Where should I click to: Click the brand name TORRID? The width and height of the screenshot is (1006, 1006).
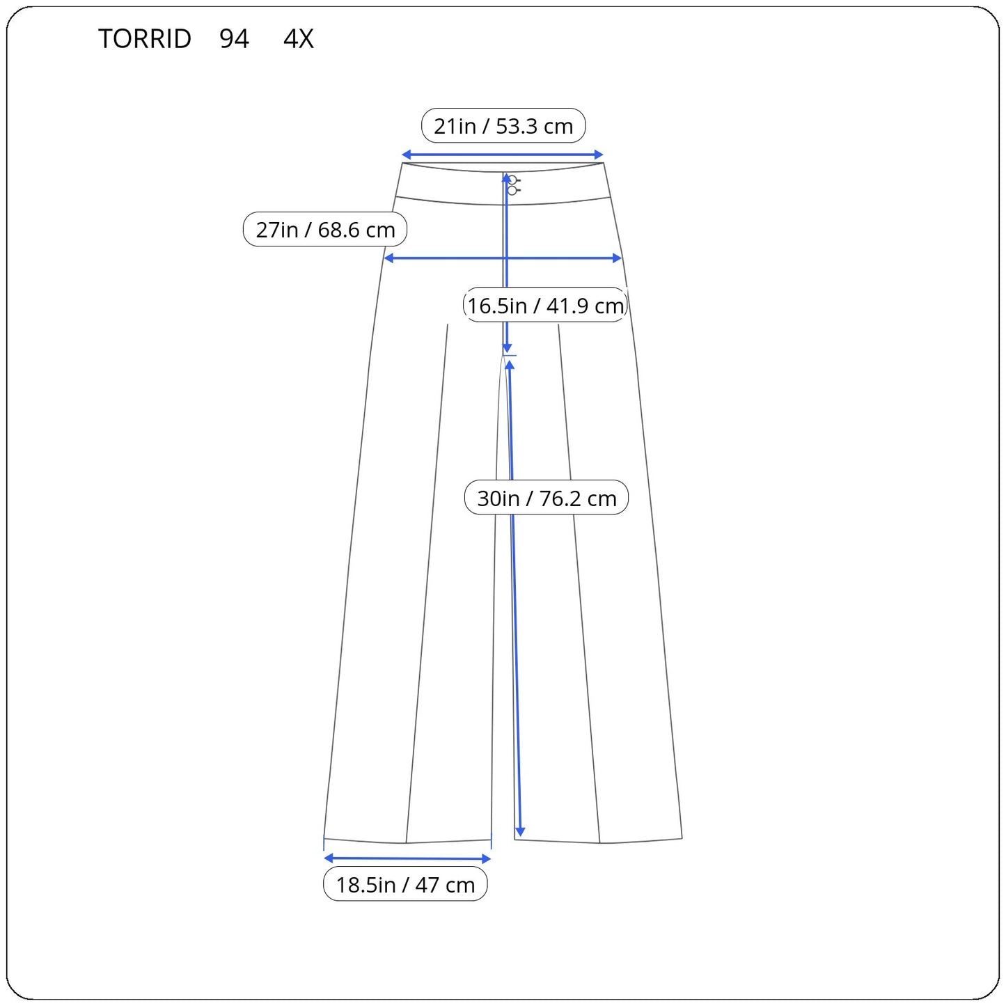click(145, 38)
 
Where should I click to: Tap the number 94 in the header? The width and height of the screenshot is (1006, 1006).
click(234, 38)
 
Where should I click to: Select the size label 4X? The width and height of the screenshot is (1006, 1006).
click(298, 38)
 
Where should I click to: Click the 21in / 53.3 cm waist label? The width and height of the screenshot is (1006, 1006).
click(503, 126)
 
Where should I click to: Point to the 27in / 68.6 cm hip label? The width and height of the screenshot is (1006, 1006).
click(324, 229)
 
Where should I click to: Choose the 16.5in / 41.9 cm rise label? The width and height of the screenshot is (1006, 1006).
click(545, 305)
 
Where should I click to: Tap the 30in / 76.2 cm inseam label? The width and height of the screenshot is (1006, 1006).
click(547, 498)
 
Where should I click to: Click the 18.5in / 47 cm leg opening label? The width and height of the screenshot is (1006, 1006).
click(405, 884)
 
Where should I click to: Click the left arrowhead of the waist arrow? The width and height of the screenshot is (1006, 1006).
click(406, 155)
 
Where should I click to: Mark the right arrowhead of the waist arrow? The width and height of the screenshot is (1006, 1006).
click(599, 155)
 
